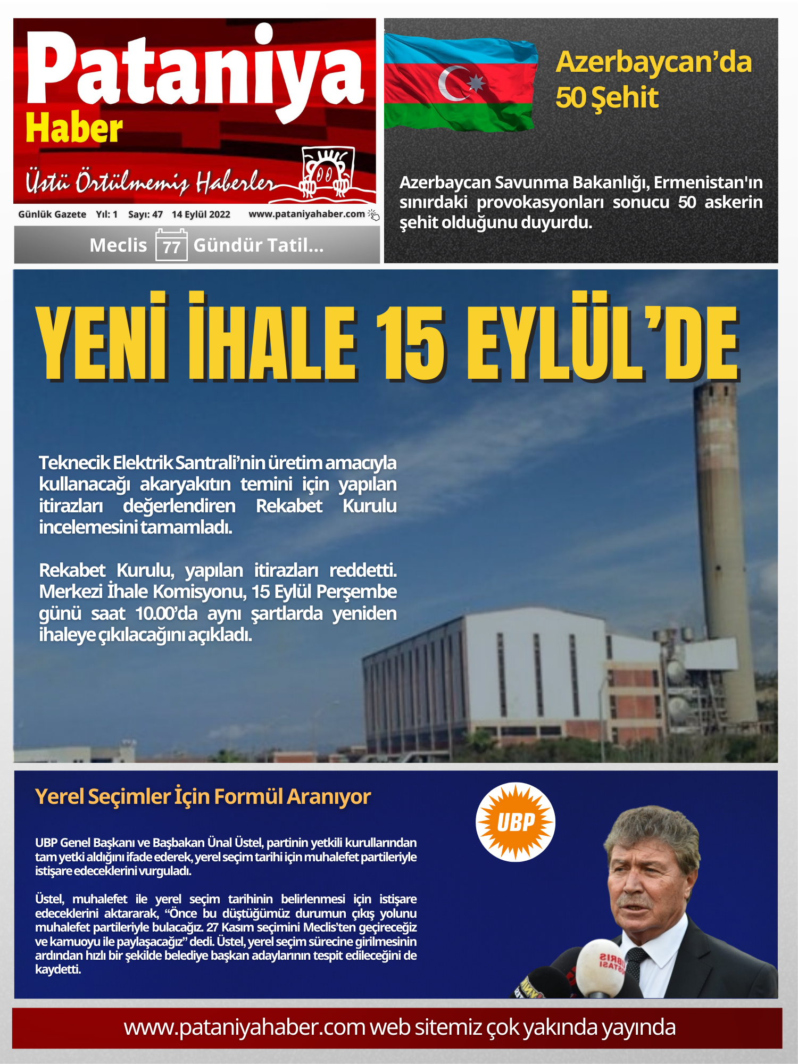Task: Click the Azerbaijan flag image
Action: (x=460, y=82)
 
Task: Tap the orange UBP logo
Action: (x=515, y=822)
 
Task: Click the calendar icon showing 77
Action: (x=171, y=245)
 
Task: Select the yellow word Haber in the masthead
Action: (x=74, y=129)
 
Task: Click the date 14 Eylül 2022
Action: (x=201, y=214)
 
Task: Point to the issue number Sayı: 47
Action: (x=145, y=214)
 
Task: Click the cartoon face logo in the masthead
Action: (x=327, y=171)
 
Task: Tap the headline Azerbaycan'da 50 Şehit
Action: (x=653, y=80)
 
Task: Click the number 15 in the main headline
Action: (x=410, y=343)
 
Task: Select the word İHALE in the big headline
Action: (x=272, y=340)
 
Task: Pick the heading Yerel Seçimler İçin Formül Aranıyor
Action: (x=203, y=797)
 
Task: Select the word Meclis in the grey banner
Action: (x=118, y=245)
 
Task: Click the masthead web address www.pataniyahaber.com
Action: (x=306, y=214)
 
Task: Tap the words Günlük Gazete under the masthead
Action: (x=52, y=214)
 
